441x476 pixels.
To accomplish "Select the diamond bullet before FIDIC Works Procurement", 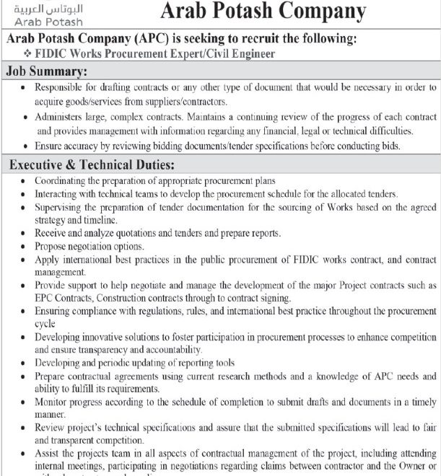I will (x=27, y=53).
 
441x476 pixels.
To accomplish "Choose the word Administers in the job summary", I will (x=62, y=117).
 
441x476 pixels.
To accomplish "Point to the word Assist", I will (x=47, y=454).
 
